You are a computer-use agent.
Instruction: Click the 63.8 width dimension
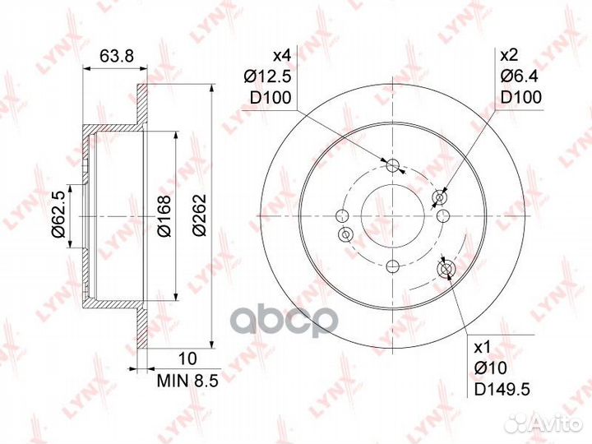pyautogui.click(x=117, y=56)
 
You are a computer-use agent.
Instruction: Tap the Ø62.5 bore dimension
pyautogui.click(x=59, y=214)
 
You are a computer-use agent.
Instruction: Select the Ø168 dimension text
pyautogui.click(x=164, y=216)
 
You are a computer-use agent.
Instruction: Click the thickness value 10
pyautogui.click(x=187, y=358)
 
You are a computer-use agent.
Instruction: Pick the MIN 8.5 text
pyautogui.click(x=187, y=381)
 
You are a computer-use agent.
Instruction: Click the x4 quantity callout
pyautogui.click(x=282, y=56)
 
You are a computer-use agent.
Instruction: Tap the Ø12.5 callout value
pyautogui.click(x=268, y=77)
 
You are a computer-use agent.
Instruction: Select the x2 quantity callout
pyautogui.click(x=509, y=56)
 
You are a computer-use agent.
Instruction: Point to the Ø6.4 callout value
pyautogui.click(x=519, y=76)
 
